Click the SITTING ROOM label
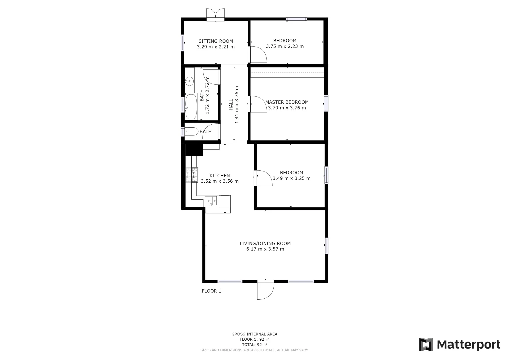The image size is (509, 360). click(x=216, y=41)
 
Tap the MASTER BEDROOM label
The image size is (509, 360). click(x=287, y=102)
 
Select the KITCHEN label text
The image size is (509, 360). click(x=220, y=176)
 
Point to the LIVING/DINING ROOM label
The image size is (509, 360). click(x=265, y=244)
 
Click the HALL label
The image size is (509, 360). click(x=231, y=105)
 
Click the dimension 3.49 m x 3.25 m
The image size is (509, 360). click(x=291, y=178)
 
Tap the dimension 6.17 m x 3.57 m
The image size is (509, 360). click(x=265, y=249)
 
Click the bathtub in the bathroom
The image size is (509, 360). click(x=191, y=107)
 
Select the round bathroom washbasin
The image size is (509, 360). click(x=189, y=81)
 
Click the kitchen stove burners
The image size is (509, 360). click(x=195, y=175)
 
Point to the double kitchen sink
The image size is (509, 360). click(x=211, y=200)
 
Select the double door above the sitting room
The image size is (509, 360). click(x=216, y=14)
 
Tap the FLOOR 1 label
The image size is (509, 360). click(x=211, y=291)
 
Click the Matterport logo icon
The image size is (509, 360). click(x=426, y=344)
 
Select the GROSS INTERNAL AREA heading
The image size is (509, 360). click(x=254, y=334)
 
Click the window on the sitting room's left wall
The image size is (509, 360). click(x=183, y=43)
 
